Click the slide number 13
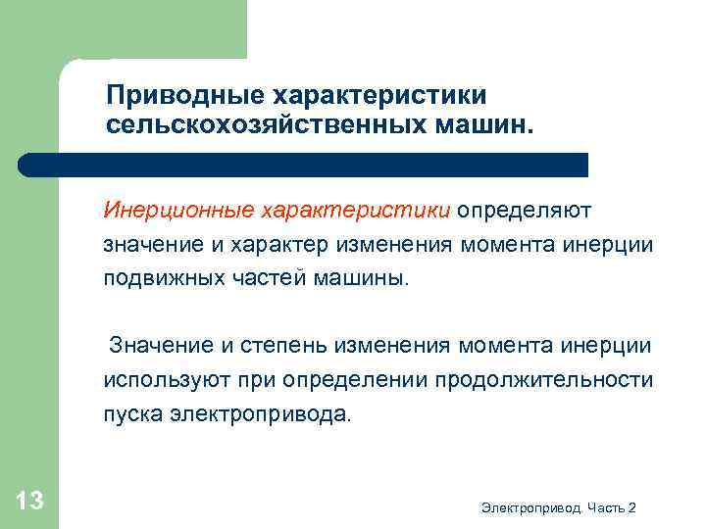(29, 502)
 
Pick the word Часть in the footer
(608, 507)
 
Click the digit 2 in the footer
(632, 507)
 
